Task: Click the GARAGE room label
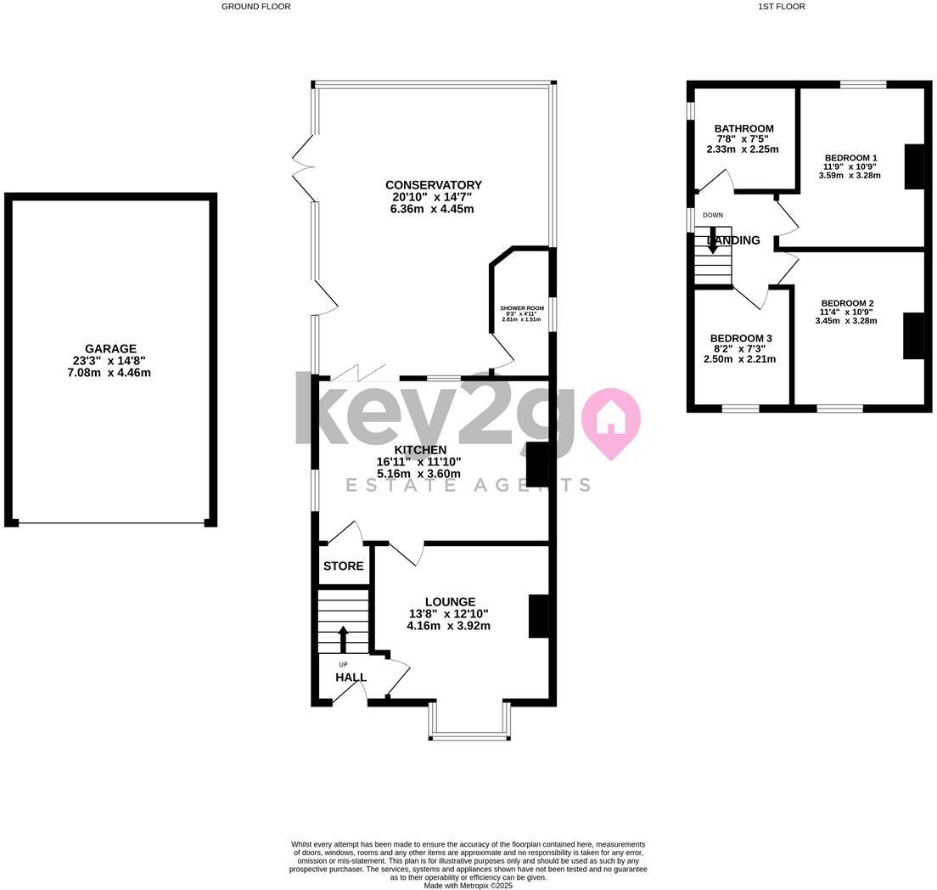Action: pos(110,348)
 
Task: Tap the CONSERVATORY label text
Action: pos(433,185)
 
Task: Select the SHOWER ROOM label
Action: pos(522,308)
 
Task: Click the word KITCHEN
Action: pos(420,450)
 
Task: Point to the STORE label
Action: pos(343,566)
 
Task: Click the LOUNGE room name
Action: pos(450,601)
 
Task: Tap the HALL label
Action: pos(351,677)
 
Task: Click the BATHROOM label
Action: pos(743,129)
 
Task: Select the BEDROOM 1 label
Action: pos(850,158)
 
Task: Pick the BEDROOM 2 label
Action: pos(847,303)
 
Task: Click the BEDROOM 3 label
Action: pos(741,338)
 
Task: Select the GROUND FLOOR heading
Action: pos(255,7)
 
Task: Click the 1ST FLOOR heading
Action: pos(781,7)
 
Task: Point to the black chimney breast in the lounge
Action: pos(538,616)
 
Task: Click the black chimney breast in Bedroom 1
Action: pos(913,166)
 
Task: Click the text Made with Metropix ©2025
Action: pos(468,885)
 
